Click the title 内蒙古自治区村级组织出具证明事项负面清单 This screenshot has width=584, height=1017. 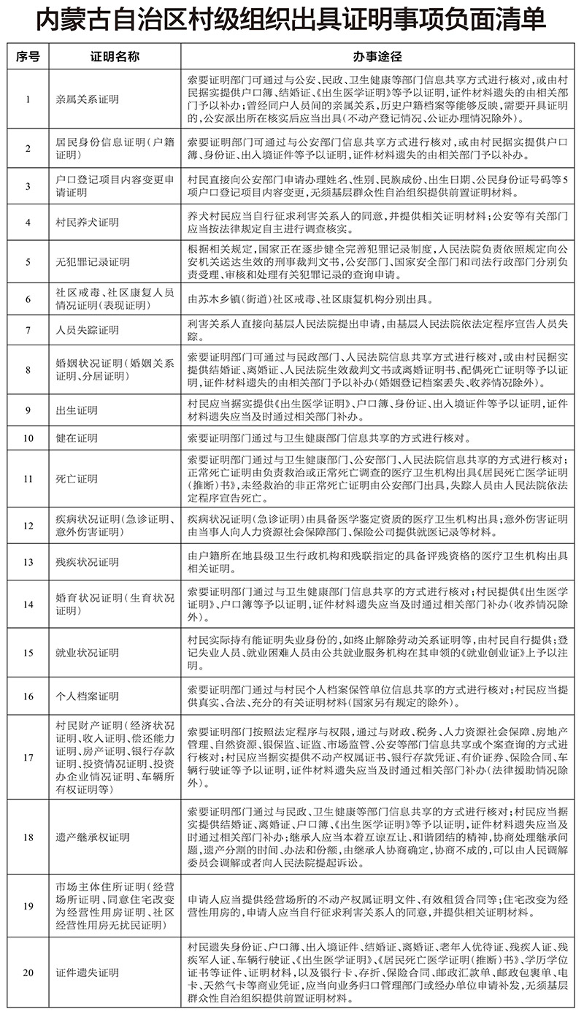click(x=292, y=20)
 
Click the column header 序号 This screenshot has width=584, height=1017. click(x=28, y=55)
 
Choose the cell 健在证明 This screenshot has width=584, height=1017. click(x=77, y=440)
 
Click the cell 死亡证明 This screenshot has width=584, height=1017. click(x=77, y=479)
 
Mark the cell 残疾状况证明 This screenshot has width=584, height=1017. click(x=88, y=562)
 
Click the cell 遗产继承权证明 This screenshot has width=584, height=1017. click(x=93, y=837)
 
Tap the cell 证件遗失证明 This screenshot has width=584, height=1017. click(x=88, y=973)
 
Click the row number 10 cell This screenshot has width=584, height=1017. click(x=28, y=440)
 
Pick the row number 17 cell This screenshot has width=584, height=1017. click(x=28, y=757)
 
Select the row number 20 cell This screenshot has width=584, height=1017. click(x=28, y=973)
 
